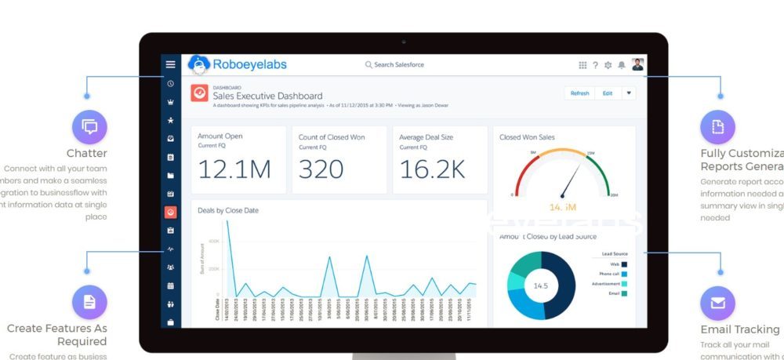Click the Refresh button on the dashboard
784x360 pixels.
[579, 93]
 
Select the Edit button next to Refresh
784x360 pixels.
[607, 93]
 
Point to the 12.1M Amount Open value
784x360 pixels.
[234, 169]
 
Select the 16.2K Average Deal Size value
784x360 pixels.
[432, 169]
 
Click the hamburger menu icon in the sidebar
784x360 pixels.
[170, 64]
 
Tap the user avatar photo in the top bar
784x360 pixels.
[637, 64]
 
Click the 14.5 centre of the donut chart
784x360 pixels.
[540, 285]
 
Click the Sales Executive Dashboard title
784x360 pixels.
[267, 96]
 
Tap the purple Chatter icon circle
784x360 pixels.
[89, 126]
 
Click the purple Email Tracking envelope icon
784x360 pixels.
[718, 302]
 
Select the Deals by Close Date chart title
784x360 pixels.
[228, 210]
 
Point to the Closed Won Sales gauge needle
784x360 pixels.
[569, 181]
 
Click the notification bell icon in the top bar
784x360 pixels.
[622, 65]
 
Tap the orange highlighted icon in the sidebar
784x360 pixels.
[170, 212]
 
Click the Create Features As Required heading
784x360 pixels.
[57, 335]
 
